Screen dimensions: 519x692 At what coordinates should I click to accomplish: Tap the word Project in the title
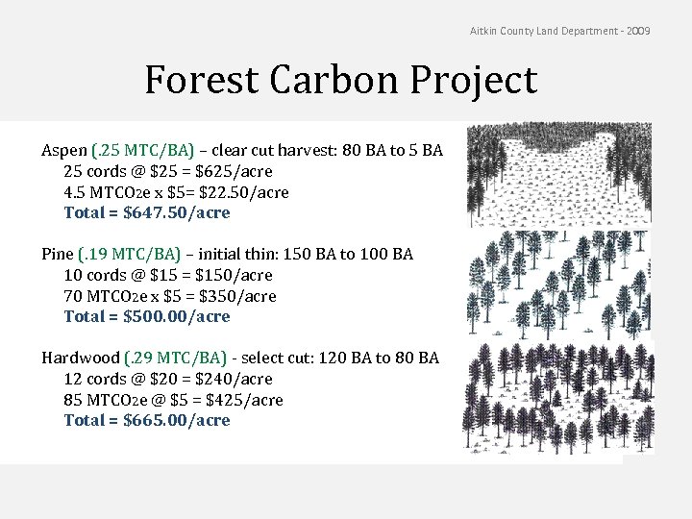(478, 82)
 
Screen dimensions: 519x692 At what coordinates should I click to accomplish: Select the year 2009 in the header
(638, 32)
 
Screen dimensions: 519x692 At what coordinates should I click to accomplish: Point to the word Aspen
(63, 151)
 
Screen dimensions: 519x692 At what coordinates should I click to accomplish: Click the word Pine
(57, 255)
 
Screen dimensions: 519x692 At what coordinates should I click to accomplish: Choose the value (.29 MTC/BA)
(176, 358)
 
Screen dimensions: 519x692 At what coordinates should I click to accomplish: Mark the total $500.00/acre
(177, 316)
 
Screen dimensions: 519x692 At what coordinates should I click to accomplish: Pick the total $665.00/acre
(177, 420)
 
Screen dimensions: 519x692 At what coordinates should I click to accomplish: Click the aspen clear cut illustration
(557, 173)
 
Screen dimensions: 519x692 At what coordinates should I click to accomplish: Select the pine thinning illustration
(557, 283)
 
